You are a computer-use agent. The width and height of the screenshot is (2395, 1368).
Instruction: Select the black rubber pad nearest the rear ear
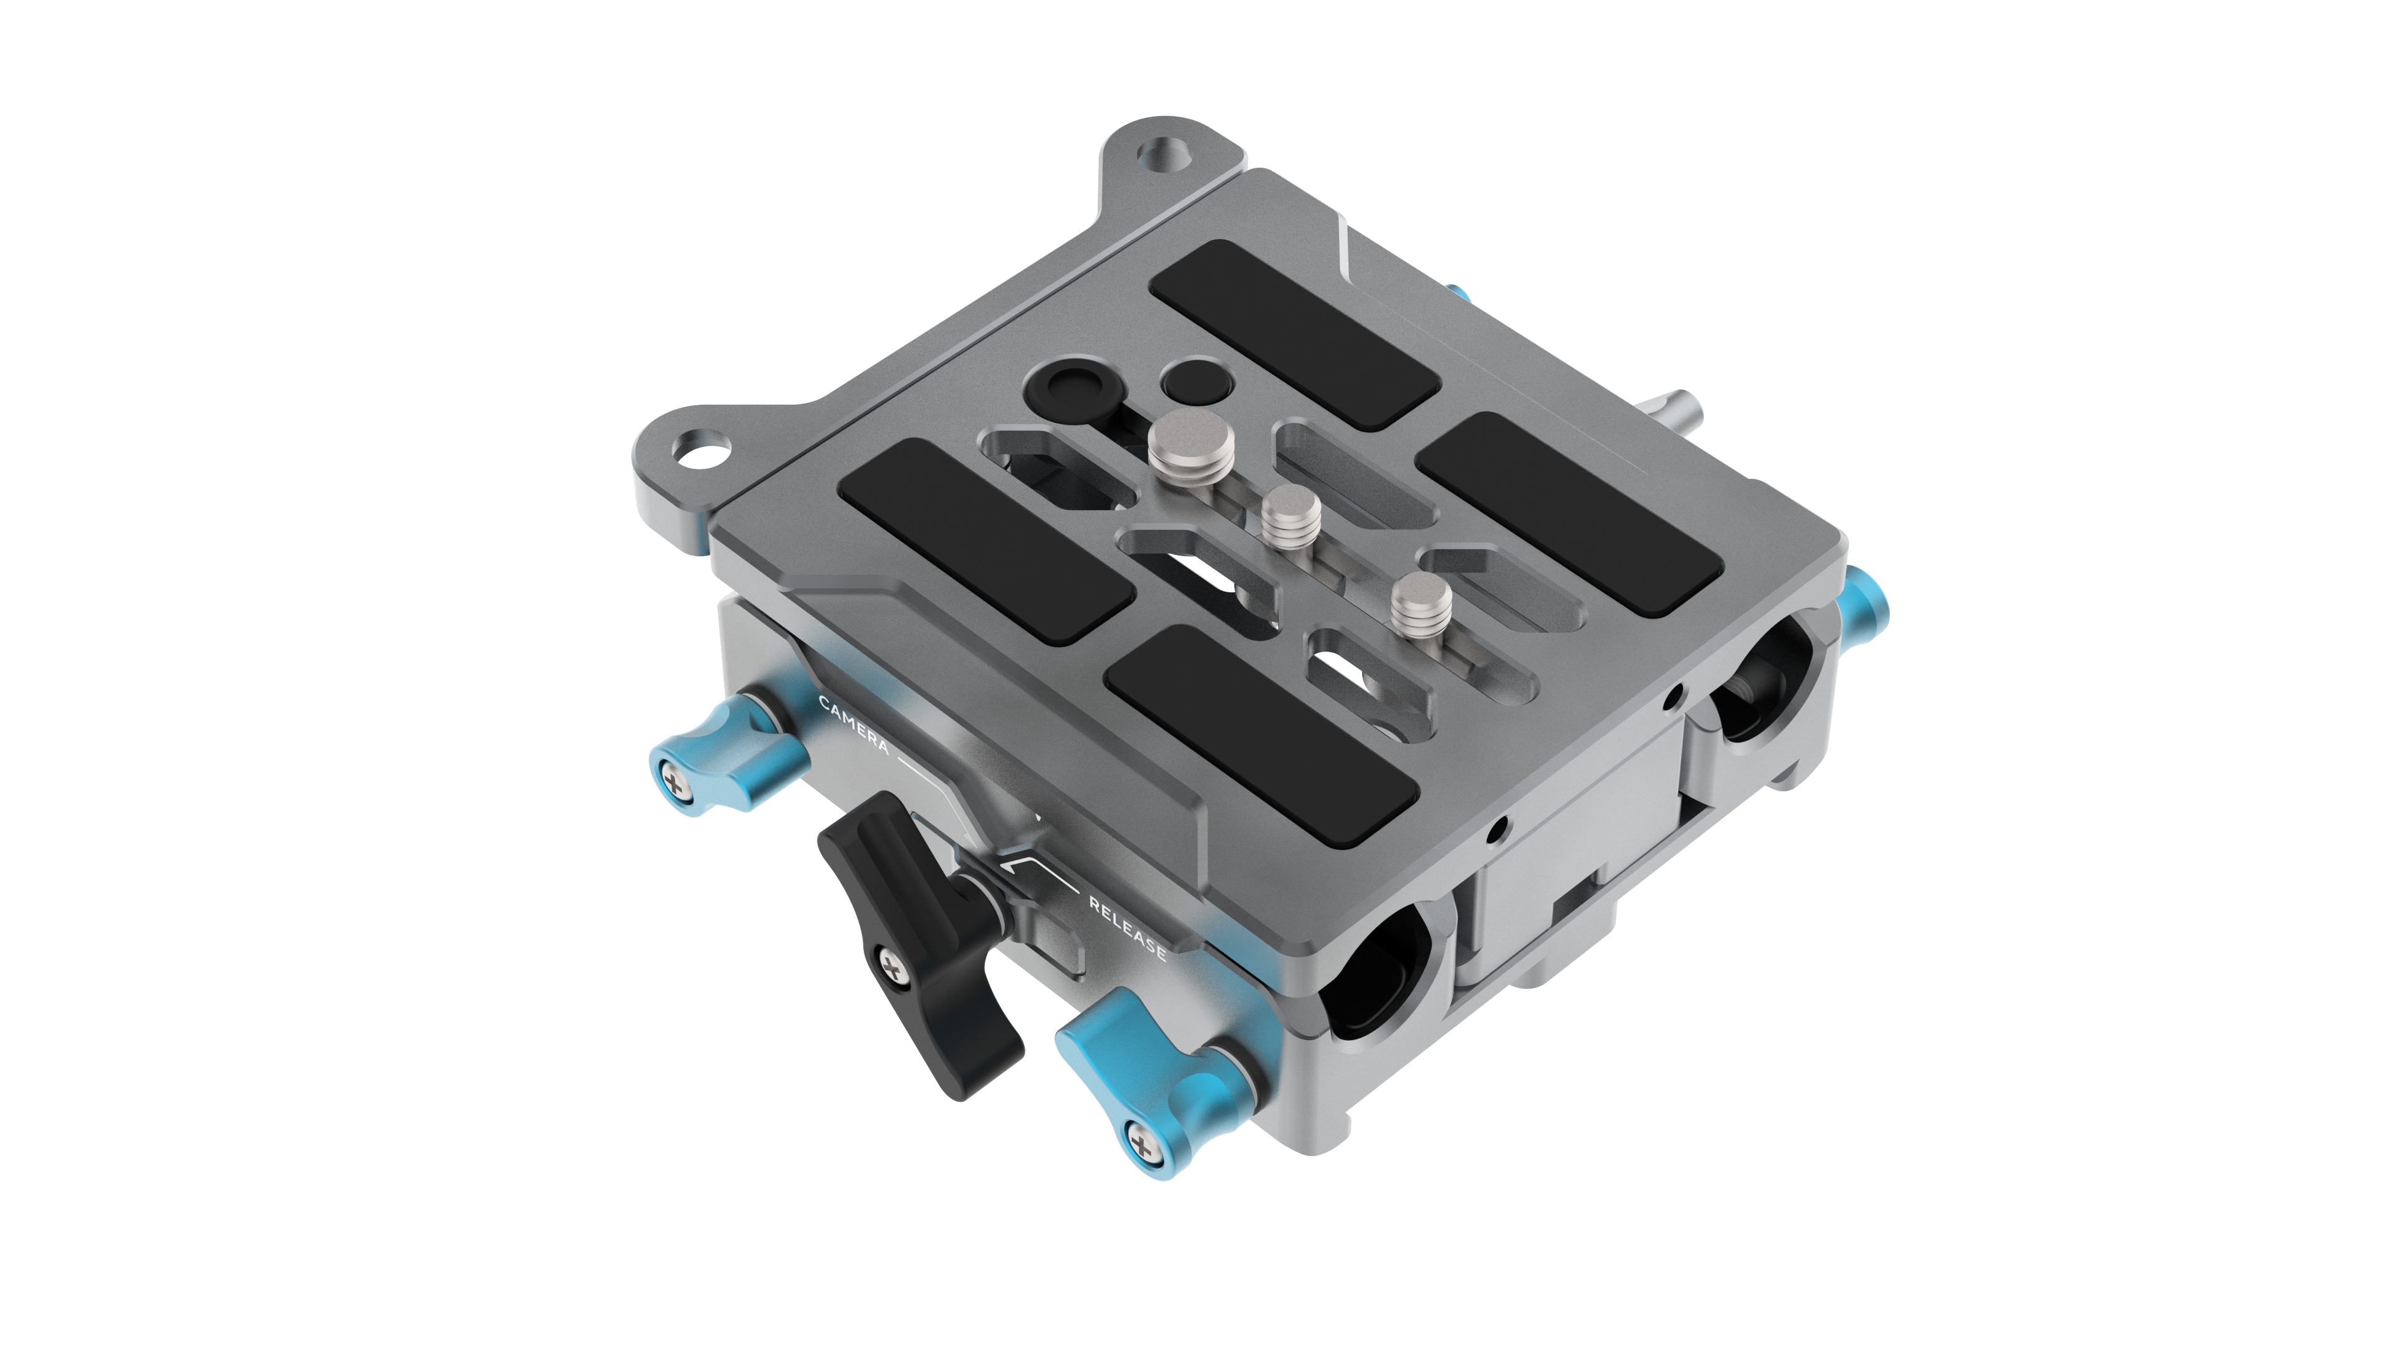(1294, 334)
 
